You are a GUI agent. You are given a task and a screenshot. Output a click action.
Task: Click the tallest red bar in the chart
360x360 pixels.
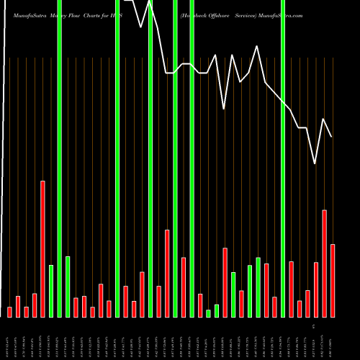[x=42, y=248]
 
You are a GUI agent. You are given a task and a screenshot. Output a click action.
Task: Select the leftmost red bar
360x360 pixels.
[x=9, y=312]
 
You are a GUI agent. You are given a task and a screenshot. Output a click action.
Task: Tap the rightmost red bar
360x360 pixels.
[x=333, y=281]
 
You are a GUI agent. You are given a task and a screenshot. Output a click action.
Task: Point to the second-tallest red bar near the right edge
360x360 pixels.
[x=325, y=263]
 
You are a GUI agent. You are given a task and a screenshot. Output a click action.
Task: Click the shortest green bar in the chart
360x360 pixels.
[x=208, y=313]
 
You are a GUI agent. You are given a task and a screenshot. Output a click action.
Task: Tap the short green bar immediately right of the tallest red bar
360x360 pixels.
[x=51, y=291]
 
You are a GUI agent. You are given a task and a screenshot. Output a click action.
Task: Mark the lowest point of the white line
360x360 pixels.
[x=315, y=163]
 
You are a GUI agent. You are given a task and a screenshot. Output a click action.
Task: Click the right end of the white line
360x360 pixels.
[x=332, y=137]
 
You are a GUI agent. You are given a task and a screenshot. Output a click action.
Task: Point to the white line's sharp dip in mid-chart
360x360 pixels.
[x=225, y=109]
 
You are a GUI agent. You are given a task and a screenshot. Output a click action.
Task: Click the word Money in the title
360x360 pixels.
[x=63, y=14]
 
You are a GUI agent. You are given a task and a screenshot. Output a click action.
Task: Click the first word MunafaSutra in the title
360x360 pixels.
[x=26, y=14]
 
